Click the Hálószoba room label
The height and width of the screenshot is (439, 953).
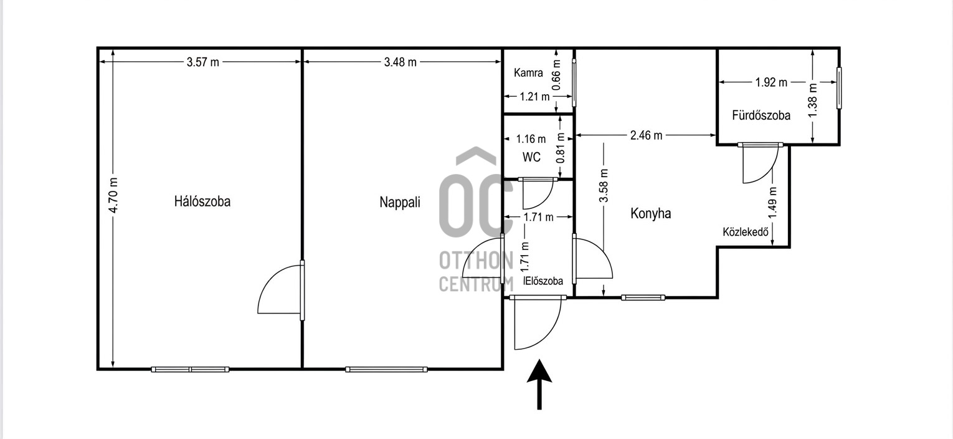click(x=202, y=201)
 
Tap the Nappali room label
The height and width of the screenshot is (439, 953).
click(x=400, y=202)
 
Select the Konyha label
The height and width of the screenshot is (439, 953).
click(x=650, y=213)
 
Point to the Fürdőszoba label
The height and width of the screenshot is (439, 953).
click(x=761, y=115)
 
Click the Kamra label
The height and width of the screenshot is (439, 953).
click(x=528, y=73)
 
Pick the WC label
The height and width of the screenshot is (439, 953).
click(x=531, y=157)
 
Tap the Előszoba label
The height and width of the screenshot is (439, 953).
click(x=543, y=281)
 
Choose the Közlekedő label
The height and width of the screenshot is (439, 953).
click(x=746, y=232)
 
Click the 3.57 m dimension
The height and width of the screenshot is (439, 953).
click(x=203, y=62)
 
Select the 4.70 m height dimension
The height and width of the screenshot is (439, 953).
click(x=113, y=195)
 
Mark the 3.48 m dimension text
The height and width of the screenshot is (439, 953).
click(x=401, y=62)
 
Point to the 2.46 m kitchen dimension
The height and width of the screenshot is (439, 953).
click(x=647, y=135)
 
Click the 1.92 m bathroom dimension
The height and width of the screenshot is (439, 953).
click(x=771, y=82)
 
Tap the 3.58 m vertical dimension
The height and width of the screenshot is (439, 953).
click(x=604, y=186)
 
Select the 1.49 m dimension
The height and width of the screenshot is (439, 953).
click(x=773, y=203)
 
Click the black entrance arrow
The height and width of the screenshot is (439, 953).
click(x=539, y=384)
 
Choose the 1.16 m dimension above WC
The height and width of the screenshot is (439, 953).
click(x=531, y=139)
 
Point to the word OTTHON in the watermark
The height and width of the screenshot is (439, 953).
click(x=476, y=261)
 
